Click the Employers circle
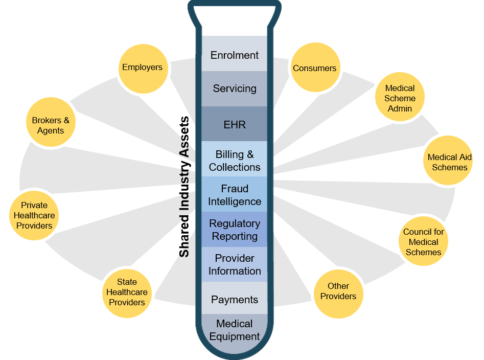point(142,67)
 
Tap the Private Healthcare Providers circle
point(34,215)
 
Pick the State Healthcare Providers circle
point(127,292)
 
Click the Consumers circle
point(314,68)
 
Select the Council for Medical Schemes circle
point(424,242)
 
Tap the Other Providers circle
point(338,291)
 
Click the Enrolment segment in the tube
point(235,55)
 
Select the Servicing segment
point(235,88)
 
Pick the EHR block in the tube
point(235,124)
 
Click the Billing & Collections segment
point(235,161)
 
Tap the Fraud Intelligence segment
point(235,195)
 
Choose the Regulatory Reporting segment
point(235,230)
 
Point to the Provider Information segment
point(235,264)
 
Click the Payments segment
point(235,299)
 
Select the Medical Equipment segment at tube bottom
point(235,330)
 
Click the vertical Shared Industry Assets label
point(184,187)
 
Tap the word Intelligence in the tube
point(235,201)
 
